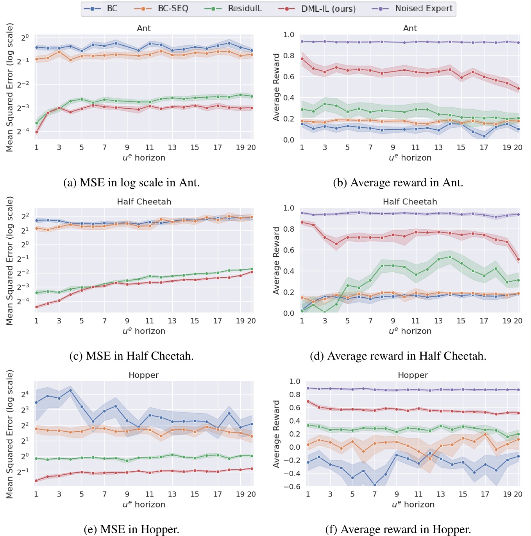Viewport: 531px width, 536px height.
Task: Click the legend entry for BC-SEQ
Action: pyautogui.click(x=173, y=9)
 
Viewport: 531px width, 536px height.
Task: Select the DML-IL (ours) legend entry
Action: pyautogui.click(x=328, y=9)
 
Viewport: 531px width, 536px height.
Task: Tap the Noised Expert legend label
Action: pyautogui.click(x=424, y=9)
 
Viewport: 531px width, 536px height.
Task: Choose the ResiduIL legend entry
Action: pyautogui.click(x=245, y=9)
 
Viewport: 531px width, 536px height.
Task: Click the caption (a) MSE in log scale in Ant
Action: pyautogui.click(x=131, y=183)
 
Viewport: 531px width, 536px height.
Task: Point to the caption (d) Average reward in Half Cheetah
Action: pyautogui.click(x=398, y=356)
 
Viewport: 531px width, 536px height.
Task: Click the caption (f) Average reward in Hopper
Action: pyautogui.click(x=398, y=529)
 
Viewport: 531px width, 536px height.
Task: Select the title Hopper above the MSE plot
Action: pyautogui.click(x=143, y=375)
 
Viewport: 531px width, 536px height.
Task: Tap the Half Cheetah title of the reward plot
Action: pyautogui.click(x=410, y=202)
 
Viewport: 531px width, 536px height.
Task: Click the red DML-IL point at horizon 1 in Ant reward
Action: pyautogui.click(x=302, y=59)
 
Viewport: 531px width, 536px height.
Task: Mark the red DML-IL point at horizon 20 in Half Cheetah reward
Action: pyautogui.click(x=518, y=259)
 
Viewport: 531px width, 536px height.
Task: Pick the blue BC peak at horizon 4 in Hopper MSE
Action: pyautogui.click(x=70, y=390)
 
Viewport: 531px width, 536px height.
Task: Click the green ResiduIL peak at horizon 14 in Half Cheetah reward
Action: pyautogui.click(x=450, y=257)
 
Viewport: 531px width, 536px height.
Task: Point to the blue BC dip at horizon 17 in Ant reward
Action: pyautogui.click(x=484, y=136)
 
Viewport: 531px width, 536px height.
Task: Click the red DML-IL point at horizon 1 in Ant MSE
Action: pyautogui.click(x=36, y=132)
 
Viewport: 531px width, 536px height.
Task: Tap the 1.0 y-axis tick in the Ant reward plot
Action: pyautogui.click(x=289, y=35)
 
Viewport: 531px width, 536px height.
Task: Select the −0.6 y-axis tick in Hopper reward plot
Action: pyautogui.click(x=292, y=486)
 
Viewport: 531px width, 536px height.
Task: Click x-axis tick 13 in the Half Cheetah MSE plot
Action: pyautogui.click(x=172, y=321)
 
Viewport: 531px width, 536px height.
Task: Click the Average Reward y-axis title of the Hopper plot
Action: pyautogui.click(x=277, y=434)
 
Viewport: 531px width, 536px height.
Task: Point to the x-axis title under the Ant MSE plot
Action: pyautogui.click(x=144, y=158)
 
